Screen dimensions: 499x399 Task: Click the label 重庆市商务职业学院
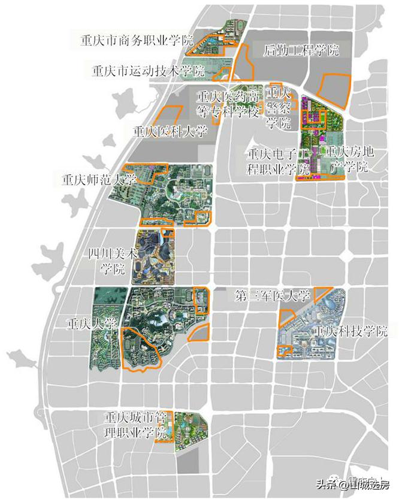(137, 41)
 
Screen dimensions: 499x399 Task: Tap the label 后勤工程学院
(301, 50)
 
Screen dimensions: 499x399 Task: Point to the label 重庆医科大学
(170, 131)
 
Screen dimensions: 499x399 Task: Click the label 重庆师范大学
(99, 179)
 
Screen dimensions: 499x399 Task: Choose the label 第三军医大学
(273, 295)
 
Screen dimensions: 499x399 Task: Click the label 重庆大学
(92, 324)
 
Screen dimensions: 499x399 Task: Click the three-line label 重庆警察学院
(279, 108)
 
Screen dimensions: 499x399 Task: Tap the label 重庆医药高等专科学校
(229, 103)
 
